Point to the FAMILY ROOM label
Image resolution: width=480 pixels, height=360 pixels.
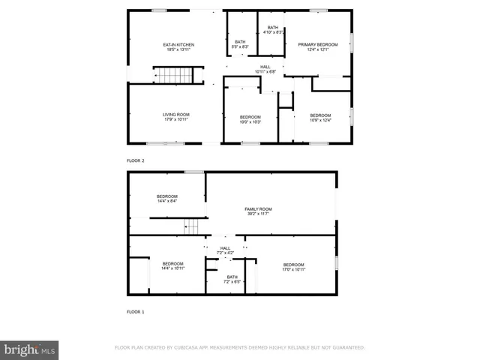[x=257, y=211]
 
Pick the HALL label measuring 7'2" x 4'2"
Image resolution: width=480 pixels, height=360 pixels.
[x=226, y=250]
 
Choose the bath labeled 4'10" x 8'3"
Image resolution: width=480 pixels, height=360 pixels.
[x=271, y=30]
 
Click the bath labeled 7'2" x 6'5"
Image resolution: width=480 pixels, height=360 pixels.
[x=232, y=279]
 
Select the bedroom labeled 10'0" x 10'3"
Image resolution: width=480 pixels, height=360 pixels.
[x=250, y=119]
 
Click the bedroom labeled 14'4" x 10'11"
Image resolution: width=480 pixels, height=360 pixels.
[x=172, y=265]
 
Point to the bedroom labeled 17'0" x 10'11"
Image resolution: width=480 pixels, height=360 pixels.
[x=293, y=266]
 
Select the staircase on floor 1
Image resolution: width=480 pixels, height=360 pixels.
[x=193, y=226]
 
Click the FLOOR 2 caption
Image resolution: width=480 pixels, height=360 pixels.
[x=135, y=160]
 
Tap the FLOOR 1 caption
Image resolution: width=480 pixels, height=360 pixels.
[x=135, y=310]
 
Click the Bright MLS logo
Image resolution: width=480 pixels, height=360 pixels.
[x=30, y=349]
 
